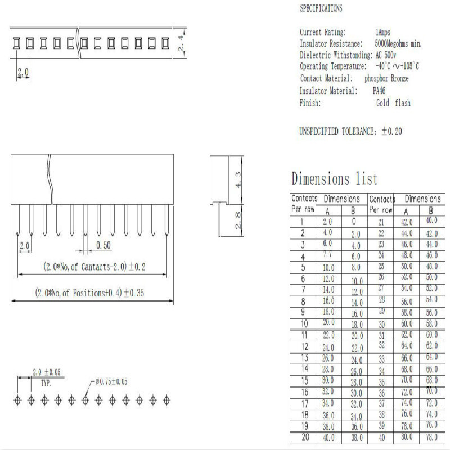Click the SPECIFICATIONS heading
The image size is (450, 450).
pyautogui.click(x=321, y=8)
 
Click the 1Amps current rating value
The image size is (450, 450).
pyautogui.click(x=386, y=32)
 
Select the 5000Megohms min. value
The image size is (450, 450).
pyautogui.click(x=398, y=43)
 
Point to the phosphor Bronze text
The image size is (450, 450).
pyautogui.click(x=386, y=78)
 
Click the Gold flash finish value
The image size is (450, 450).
pyautogui.click(x=393, y=103)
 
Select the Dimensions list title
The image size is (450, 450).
pyautogui.click(x=335, y=179)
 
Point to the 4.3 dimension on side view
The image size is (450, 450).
pyautogui.click(x=238, y=179)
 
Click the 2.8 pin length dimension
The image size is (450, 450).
pyautogui.click(x=238, y=220)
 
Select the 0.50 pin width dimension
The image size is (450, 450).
pyautogui.click(x=102, y=245)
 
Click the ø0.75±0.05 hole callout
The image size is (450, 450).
pyautogui.click(x=111, y=381)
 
